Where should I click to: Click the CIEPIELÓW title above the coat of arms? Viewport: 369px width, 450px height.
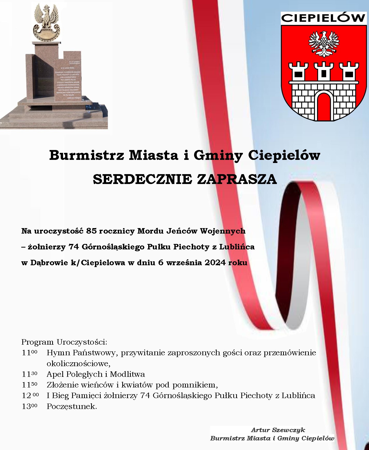click(323, 18)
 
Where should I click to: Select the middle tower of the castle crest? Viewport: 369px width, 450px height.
click(323, 71)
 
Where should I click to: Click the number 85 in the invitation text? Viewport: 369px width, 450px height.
click(92, 231)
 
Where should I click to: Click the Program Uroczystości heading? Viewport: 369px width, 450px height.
click(64, 342)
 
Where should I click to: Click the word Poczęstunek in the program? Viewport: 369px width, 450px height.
click(72, 406)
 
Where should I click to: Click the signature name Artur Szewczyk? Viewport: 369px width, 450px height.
click(278, 430)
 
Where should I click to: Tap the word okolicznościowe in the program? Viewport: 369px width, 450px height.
click(78, 363)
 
